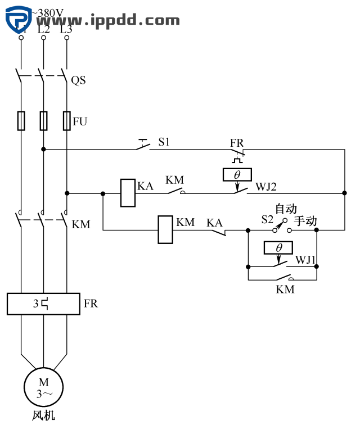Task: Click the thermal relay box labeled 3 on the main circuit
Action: coord(43,304)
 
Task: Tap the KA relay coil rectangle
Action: coord(128,193)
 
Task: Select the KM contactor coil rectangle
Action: coord(165,229)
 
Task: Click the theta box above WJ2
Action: coord(237,175)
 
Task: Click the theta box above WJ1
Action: coord(279,248)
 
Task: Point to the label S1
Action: coord(164,142)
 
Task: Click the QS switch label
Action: coord(78,80)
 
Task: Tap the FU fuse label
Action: coord(80,121)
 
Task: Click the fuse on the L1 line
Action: coord(21,120)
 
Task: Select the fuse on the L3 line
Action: coord(67,120)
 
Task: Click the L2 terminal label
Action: coord(44,28)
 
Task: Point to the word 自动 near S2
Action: coord(286,209)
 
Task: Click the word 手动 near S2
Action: coord(305,221)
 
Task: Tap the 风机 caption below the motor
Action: coord(43,416)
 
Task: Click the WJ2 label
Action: coord(267,186)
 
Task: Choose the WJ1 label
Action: coord(307,260)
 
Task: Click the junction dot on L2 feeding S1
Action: coord(44,150)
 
